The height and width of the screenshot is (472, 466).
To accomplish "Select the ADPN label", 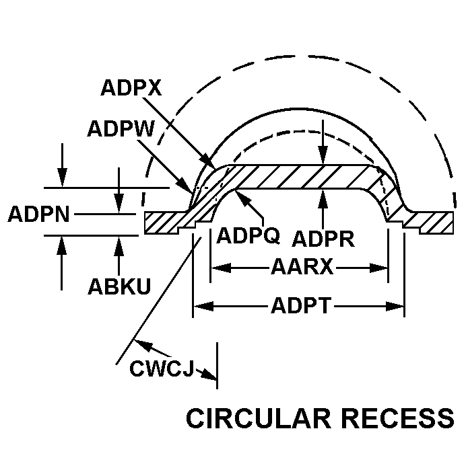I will point(38,215).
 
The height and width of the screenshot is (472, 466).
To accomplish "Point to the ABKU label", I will point(119,286).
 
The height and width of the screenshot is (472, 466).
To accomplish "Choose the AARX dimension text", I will point(302,268).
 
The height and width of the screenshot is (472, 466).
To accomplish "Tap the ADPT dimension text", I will point(302,307).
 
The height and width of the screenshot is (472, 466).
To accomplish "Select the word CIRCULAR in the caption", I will point(258,418).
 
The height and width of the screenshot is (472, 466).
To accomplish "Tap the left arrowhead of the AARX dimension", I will point(216,268).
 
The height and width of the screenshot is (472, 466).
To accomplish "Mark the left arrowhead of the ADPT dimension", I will point(199,307).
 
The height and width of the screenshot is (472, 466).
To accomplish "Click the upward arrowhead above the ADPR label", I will point(324,196).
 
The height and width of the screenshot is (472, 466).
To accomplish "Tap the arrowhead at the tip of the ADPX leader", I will point(211,165).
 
